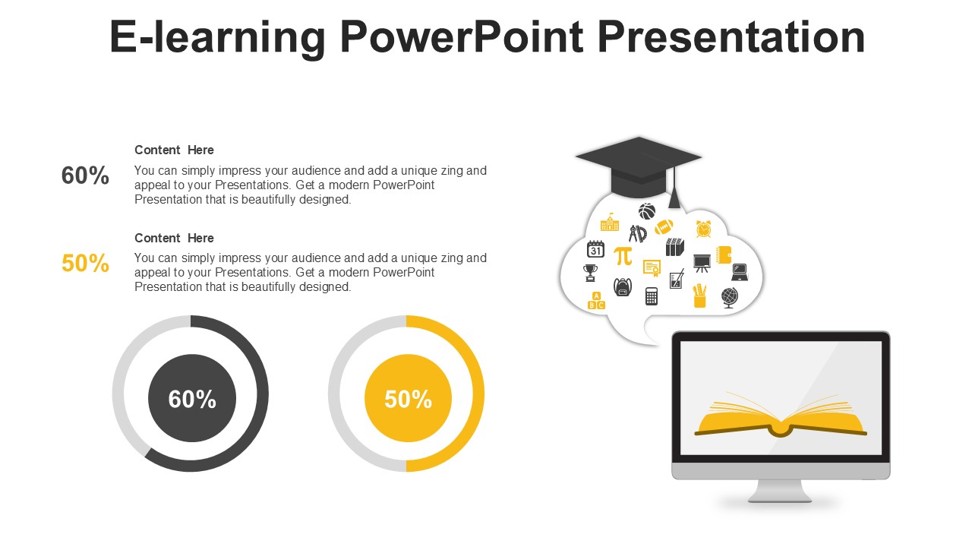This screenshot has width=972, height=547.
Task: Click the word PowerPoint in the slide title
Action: click(x=461, y=37)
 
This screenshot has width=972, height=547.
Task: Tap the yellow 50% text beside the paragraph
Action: click(x=85, y=263)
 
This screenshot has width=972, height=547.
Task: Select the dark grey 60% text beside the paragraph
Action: click(x=85, y=175)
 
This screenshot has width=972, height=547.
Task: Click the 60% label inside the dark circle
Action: click(x=192, y=399)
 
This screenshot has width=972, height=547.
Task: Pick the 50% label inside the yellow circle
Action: click(x=408, y=399)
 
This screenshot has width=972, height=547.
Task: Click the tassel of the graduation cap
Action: click(x=674, y=187)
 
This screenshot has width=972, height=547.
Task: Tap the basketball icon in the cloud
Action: click(x=646, y=211)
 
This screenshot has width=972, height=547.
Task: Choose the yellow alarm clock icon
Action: click(x=703, y=229)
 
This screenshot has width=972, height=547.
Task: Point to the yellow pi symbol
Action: click(x=623, y=256)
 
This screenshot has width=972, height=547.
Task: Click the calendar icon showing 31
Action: click(x=595, y=248)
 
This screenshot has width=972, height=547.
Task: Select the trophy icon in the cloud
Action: click(x=590, y=273)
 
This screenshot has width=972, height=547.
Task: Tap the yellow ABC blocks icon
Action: click(x=596, y=300)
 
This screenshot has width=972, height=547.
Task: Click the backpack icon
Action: click(x=622, y=287)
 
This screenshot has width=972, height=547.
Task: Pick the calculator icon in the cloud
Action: click(x=652, y=296)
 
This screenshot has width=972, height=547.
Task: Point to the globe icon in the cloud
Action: click(x=730, y=298)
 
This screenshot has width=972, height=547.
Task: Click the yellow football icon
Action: click(x=664, y=226)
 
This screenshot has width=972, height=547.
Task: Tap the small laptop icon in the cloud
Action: click(x=740, y=272)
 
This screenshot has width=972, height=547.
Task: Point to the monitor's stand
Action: click(x=780, y=492)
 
